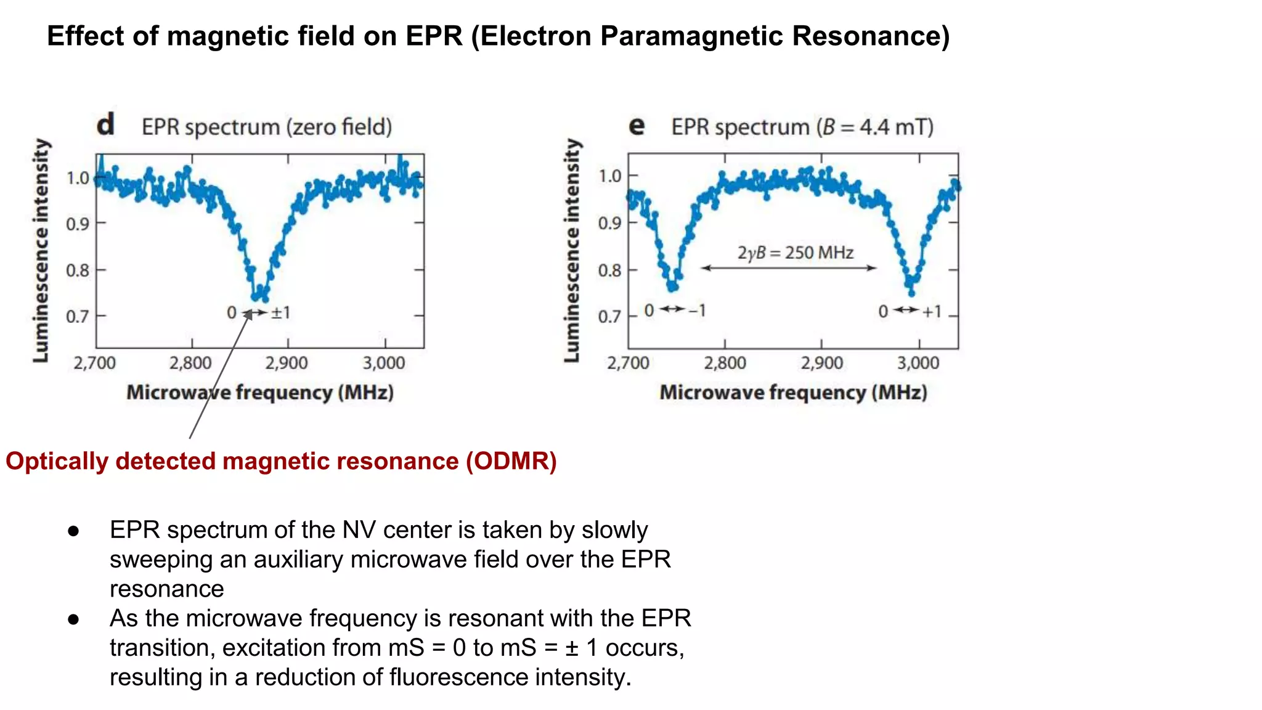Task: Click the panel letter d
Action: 105,124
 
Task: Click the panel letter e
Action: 637,126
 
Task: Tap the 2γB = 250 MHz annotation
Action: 795,253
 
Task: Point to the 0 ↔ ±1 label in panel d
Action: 258,312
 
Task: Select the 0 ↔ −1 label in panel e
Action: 674,310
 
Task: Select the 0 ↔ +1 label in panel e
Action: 910,311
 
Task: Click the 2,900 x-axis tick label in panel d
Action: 287,362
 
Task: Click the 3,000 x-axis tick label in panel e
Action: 918,362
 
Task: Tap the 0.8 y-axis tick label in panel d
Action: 78,270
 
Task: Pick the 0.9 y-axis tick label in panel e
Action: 609,223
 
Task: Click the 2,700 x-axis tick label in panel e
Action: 628,362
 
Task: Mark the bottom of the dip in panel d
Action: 259,298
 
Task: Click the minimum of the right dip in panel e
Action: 911,291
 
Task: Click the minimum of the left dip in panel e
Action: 672,287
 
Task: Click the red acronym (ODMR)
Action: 511,461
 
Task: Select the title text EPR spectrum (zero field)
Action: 267,127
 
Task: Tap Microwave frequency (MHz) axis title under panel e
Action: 793,393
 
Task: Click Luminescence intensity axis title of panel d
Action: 41,250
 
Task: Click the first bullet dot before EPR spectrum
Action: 74,531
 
